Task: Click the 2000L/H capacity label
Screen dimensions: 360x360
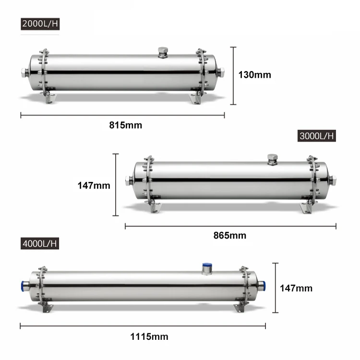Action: tap(40, 24)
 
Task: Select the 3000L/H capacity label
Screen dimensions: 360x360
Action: tap(316, 136)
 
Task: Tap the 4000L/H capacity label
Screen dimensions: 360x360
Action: tap(39, 243)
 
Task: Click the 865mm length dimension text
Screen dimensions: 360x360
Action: tap(229, 235)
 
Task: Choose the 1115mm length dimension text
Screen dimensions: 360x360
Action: tap(142, 336)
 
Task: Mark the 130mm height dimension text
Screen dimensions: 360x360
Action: tap(254, 75)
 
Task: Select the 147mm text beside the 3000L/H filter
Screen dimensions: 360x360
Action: tap(94, 185)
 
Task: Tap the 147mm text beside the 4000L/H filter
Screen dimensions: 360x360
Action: tap(296, 288)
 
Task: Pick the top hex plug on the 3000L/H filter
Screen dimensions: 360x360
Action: tap(272, 159)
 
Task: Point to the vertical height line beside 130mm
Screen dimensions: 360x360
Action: tap(233, 75)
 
